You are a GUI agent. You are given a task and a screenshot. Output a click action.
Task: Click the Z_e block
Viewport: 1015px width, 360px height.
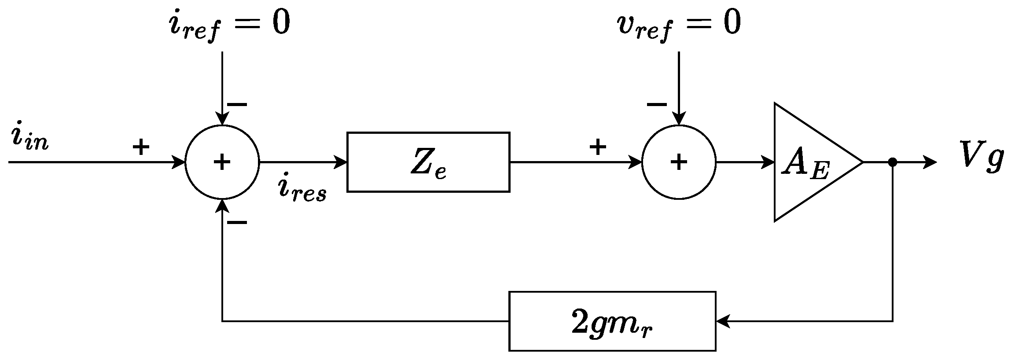[x=428, y=162]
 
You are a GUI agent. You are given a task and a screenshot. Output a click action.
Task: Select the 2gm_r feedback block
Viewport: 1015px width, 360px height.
[x=612, y=321]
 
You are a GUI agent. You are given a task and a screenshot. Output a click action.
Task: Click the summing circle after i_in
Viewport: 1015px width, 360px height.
[x=222, y=162]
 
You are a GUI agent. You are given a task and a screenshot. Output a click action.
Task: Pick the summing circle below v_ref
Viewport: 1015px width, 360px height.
[x=679, y=162]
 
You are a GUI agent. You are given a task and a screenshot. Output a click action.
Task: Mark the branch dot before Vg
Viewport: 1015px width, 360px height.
[x=892, y=162]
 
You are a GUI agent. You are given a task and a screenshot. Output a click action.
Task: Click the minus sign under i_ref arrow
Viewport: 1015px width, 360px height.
[x=237, y=105]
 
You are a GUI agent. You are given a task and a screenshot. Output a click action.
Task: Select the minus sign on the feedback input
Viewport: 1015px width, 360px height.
[x=237, y=223]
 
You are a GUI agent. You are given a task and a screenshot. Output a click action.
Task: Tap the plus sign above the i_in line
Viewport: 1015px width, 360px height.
[x=141, y=147]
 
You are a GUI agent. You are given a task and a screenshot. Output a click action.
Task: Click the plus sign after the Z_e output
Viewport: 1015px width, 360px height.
[x=598, y=147]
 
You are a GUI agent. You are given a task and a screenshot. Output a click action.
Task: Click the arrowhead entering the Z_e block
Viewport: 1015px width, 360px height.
[x=341, y=162]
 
